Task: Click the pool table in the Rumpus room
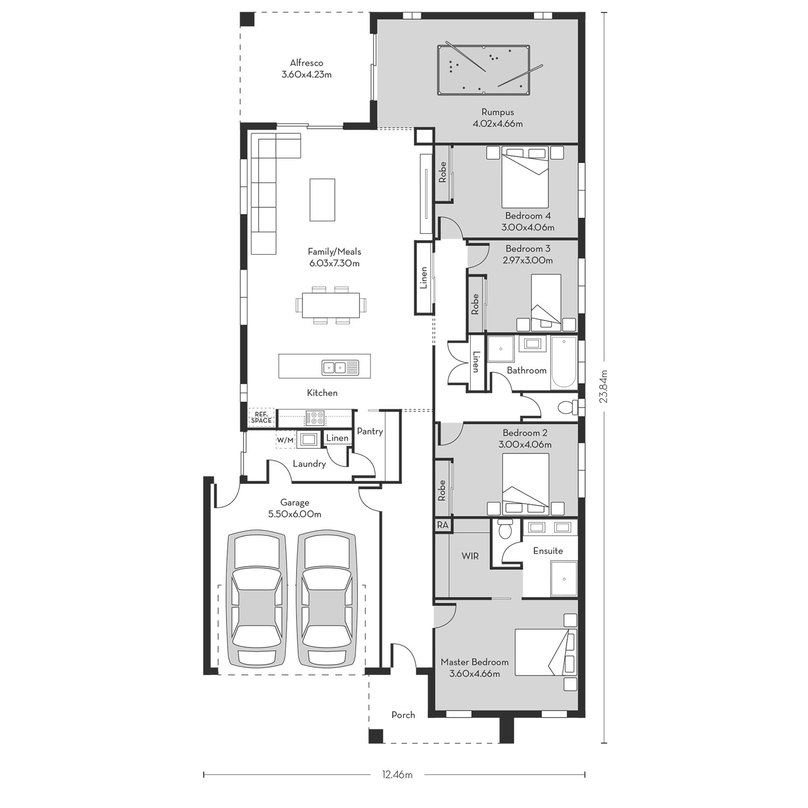(x=483, y=71)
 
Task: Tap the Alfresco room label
(x=307, y=63)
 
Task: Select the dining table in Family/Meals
(x=331, y=305)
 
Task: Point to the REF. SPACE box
(x=261, y=417)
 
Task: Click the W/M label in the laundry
(x=285, y=440)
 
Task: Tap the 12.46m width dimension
(x=397, y=775)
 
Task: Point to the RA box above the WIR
(x=443, y=525)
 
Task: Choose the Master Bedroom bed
(x=545, y=652)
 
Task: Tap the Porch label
(x=403, y=715)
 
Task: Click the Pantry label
(x=370, y=431)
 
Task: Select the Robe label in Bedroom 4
(x=443, y=172)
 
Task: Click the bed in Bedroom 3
(x=546, y=303)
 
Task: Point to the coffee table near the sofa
(x=322, y=200)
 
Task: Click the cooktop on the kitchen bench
(x=315, y=417)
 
